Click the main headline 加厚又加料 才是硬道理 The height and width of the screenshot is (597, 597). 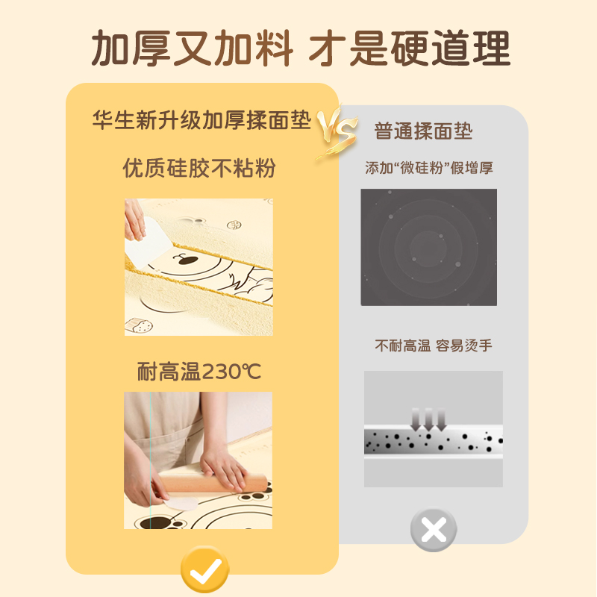pos(301,49)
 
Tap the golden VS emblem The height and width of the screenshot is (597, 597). pos(337,131)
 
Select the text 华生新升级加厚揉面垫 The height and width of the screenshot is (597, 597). pos(201,120)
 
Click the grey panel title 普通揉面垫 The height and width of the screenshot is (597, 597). pos(423,131)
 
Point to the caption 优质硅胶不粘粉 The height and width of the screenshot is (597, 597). pos(199,168)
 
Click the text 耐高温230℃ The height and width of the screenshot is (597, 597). pos(199,371)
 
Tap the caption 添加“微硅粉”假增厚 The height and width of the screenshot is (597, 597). pos(429,167)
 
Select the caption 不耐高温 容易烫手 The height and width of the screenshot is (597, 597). pos(434,346)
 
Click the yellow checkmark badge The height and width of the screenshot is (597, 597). pos(204,569)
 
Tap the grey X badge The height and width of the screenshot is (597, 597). pos(434,530)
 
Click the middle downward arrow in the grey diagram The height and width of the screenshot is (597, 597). pos(428,419)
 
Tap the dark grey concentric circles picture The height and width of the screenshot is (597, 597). pos(428,247)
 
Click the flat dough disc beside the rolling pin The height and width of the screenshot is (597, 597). pos(181,503)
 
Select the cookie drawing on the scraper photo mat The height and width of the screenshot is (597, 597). pos(139,326)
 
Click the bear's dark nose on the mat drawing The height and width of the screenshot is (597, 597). pos(188,260)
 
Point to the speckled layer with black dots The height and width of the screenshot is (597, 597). pos(434,442)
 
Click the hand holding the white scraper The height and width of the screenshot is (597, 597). pos(134,219)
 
